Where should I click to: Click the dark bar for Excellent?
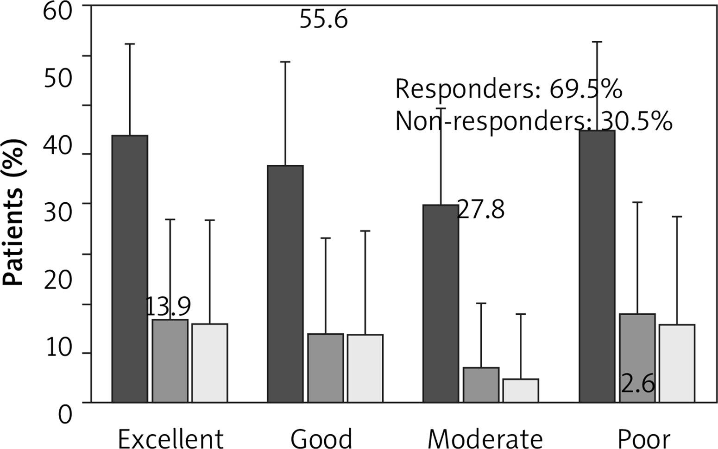pyautogui.click(x=130, y=268)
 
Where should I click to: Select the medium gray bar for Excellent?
pyautogui.click(x=170, y=361)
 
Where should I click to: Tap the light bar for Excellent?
pyautogui.click(x=209, y=363)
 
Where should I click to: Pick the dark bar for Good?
pyautogui.click(x=285, y=283)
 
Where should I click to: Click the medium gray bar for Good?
pyautogui.click(x=326, y=368)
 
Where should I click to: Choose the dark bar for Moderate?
pyautogui.click(x=441, y=303)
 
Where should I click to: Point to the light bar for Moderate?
pyautogui.click(x=521, y=391)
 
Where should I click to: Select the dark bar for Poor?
pyautogui.click(x=597, y=266)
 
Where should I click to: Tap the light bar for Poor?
pyautogui.click(x=677, y=363)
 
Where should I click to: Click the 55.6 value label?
pyautogui.click(x=323, y=20)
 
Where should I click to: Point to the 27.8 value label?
pyautogui.click(x=481, y=210)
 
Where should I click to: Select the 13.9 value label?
pyautogui.click(x=168, y=306)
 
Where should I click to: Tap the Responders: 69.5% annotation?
pyautogui.click(x=508, y=89)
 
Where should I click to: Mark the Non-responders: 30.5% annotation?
pyautogui.click(x=534, y=122)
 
